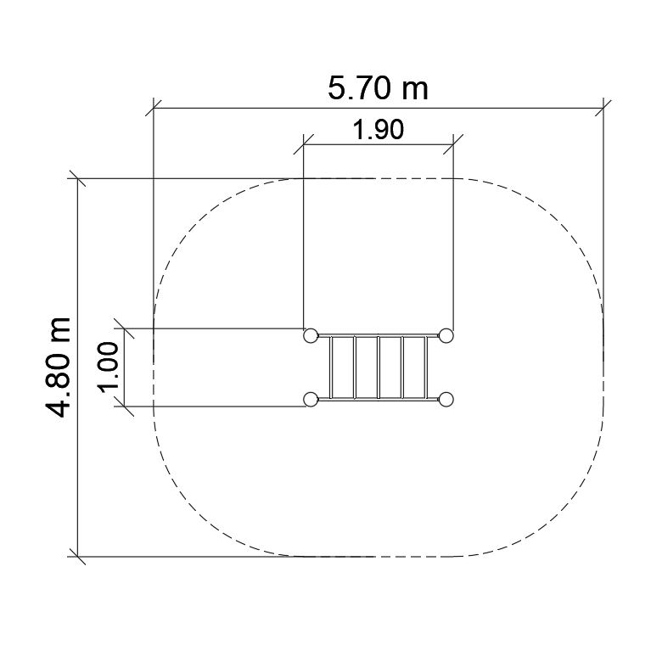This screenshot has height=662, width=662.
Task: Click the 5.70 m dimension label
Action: coord(378,88)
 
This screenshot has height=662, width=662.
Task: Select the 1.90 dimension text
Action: coord(379,129)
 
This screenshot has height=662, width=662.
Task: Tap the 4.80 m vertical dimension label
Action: coord(59,367)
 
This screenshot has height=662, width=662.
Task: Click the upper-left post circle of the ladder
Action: coord(311,335)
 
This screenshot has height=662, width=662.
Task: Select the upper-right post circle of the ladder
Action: coord(446,335)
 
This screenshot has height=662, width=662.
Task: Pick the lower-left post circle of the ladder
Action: coord(311,399)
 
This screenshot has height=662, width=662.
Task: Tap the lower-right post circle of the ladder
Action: coord(446,399)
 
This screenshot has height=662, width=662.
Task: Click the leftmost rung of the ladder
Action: coord(331,367)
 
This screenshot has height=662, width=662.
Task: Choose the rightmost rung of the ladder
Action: coord(426,367)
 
